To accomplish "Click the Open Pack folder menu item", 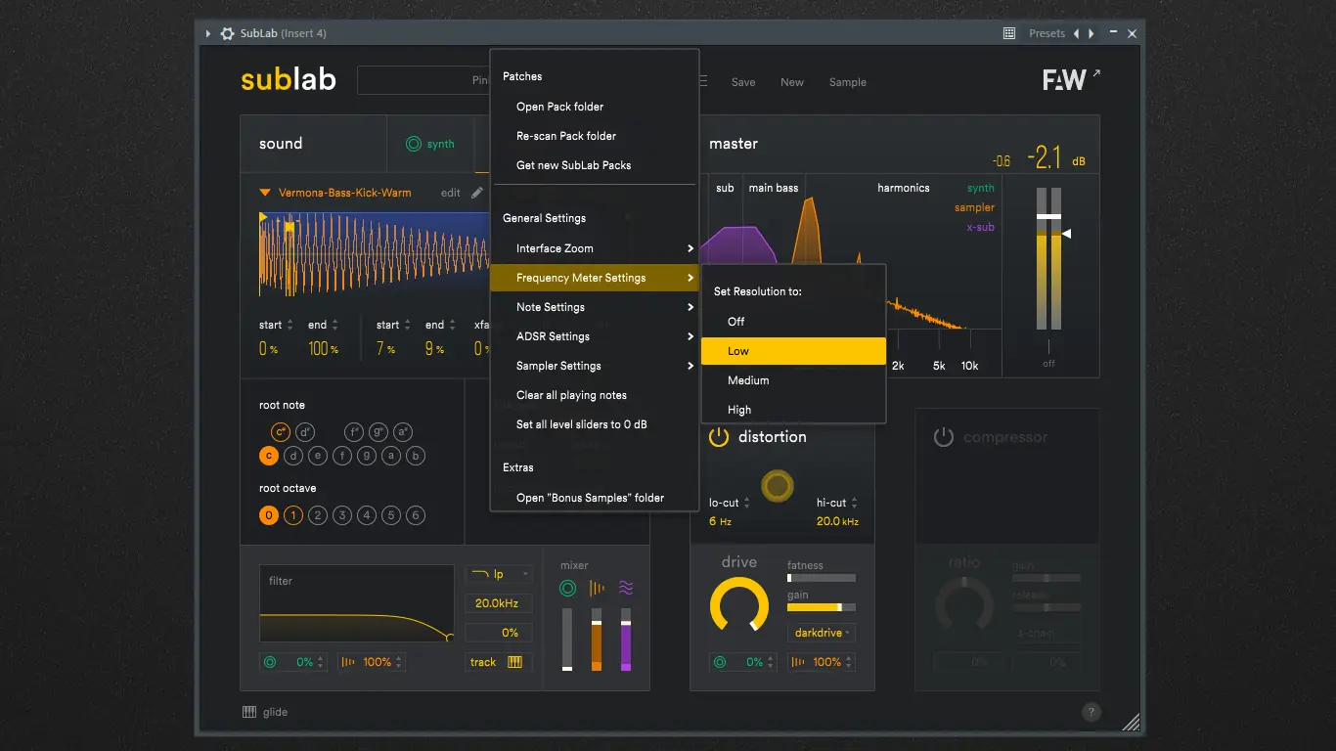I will pyautogui.click(x=559, y=107).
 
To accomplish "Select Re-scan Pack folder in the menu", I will pyautogui.click(x=565, y=136).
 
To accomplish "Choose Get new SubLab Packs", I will pyautogui.click(x=573, y=165).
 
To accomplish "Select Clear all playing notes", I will pyautogui.click(x=571, y=395).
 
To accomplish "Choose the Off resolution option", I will pyautogui.click(x=736, y=321).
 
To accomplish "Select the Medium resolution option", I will pyautogui.click(x=748, y=380).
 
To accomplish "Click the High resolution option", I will pyautogui.click(x=739, y=410).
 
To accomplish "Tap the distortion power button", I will pyautogui.click(x=719, y=437).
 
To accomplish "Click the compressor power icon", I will pyautogui.click(x=943, y=437).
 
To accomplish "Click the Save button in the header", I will pyautogui.click(x=743, y=82).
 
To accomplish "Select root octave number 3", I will pyautogui.click(x=342, y=515).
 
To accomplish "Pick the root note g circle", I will pyautogui.click(x=367, y=456).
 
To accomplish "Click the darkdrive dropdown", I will pyautogui.click(x=821, y=633).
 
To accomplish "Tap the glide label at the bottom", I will pyautogui.click(x=275, y=712).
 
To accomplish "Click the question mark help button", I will pyautogui.click(x=1091, y=712).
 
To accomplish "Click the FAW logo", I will pyautogui.click(x=1064, y=80).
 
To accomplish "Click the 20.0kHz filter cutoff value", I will pyautogui.click(x=497, y=603).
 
